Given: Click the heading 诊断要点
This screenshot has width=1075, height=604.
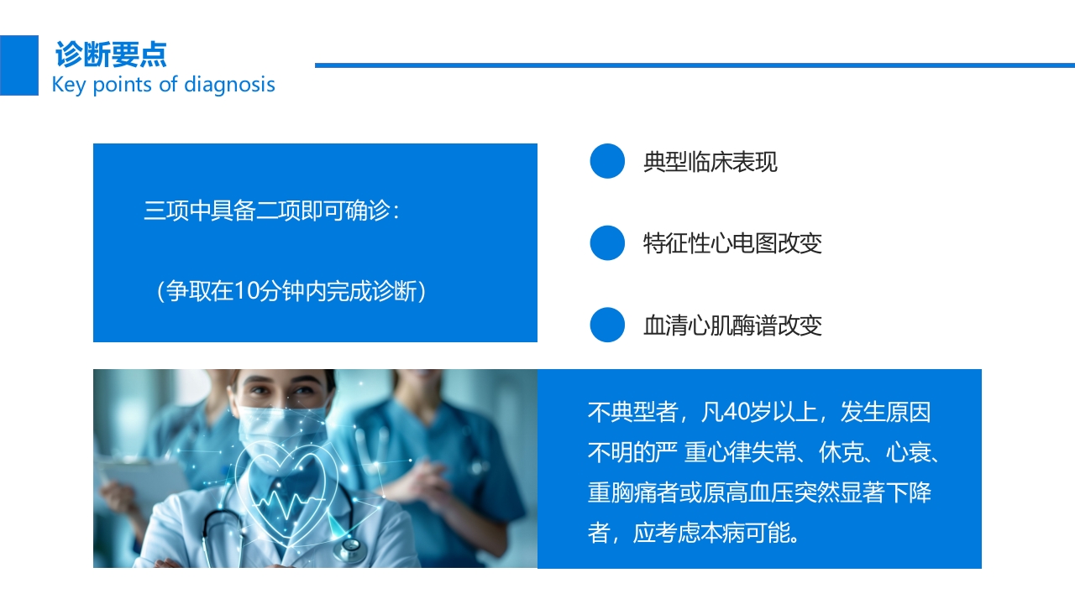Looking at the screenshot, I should (111, 54).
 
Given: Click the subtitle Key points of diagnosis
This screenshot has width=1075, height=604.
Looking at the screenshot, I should (164, 85).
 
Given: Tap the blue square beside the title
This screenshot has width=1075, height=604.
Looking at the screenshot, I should (18, 65).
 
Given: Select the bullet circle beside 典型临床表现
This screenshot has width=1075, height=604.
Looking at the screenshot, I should (607, 161).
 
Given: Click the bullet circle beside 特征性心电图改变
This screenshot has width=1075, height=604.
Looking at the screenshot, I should (607, 243).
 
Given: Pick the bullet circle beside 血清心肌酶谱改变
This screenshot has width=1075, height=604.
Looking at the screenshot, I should (607, 325).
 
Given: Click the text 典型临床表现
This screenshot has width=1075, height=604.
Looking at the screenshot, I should (711, 162).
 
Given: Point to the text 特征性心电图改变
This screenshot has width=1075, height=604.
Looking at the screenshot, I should (732, 243).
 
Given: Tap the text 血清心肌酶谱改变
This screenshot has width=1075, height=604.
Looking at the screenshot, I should (732, 325).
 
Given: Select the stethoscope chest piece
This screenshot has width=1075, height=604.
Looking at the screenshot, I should (350, 549).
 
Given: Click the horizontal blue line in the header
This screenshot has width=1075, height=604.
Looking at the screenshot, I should (695, 65).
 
